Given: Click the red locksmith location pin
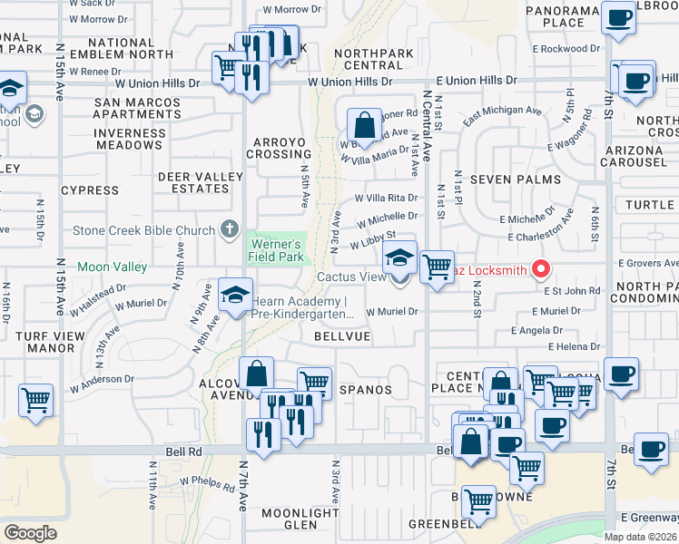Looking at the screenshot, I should (x=542, y=268).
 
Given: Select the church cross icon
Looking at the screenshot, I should (x=231, y=228).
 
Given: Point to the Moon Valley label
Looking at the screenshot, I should (x=112, y=267).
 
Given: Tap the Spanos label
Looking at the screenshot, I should (x=366, y=390).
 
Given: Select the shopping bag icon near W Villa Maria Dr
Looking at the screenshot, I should (x=364, y=125).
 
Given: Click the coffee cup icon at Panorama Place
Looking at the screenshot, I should (x=620, y=18).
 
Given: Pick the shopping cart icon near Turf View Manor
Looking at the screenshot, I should (x=36, y=400).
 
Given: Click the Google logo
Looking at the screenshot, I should (x=30, y=533).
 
